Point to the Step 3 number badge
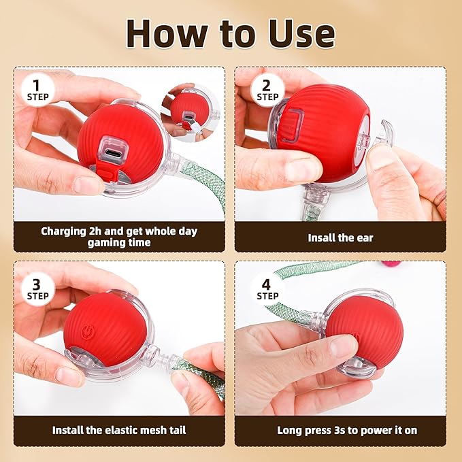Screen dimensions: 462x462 (x=38, y=287)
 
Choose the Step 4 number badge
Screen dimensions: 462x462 (x=267, y=287)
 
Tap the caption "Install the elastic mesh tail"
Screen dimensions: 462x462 (x=118, y=430)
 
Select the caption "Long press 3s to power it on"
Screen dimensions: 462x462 (x=347, y=430)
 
